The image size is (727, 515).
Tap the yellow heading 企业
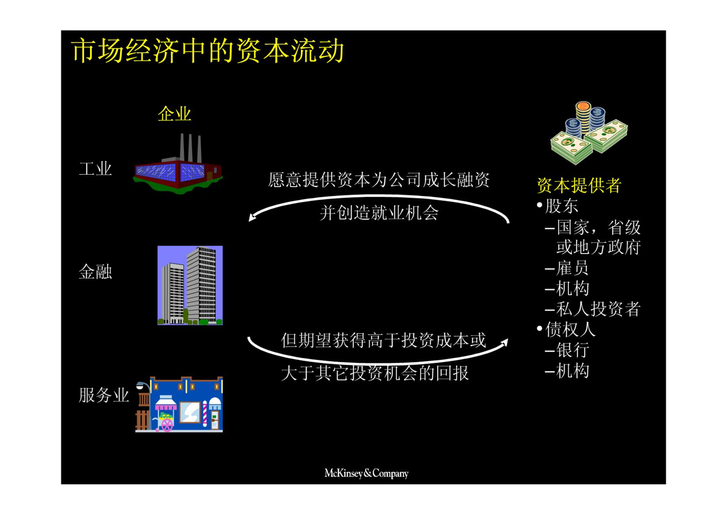[174, 114]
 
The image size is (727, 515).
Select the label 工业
[95, 169]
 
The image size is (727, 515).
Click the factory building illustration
[178, 164]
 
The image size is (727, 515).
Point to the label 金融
[95, 271]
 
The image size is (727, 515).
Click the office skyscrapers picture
[190, 285]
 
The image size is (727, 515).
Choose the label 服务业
[104, 395]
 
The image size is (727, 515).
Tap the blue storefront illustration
[179, 404]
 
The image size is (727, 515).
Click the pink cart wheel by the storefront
[167, 425]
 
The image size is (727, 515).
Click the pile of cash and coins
[589, 133]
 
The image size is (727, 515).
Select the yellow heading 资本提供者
[579, 185]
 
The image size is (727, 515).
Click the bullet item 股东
[561, 206]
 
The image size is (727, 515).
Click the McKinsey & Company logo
[366, 473]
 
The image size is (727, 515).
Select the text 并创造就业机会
[379, 213]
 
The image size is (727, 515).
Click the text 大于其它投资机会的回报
[375, 373]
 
